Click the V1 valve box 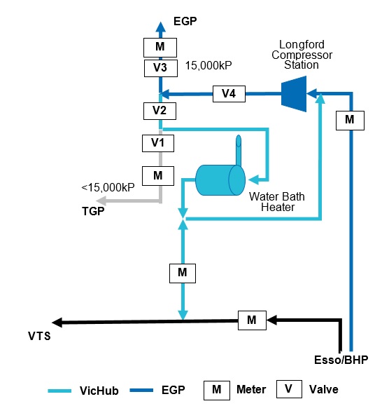[x=158, y=143]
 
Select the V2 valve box [x=160, y=111]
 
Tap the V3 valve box [x=161, y=68]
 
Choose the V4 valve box [x=229, y=94]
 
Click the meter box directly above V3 [x=160, y=48]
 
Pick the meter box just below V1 [x=158, y=176]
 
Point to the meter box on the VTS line [x=252, y=320]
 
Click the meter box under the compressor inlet [x=350, y=121]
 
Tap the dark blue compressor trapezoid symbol [x=294, y=94]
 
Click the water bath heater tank [x=220, y=180]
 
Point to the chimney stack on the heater [x=239, y=150]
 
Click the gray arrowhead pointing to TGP [x=101, y=201]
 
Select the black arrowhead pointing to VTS [x=57, y=323]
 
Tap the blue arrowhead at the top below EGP [x=160, y=27]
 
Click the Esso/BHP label [x=341, y=360]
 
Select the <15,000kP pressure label [x=108, y=187]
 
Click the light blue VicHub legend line [x=59, y=391]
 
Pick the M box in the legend [x=217, y=390]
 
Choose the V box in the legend [x=289, y=389]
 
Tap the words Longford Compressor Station [x=302, y=55]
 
